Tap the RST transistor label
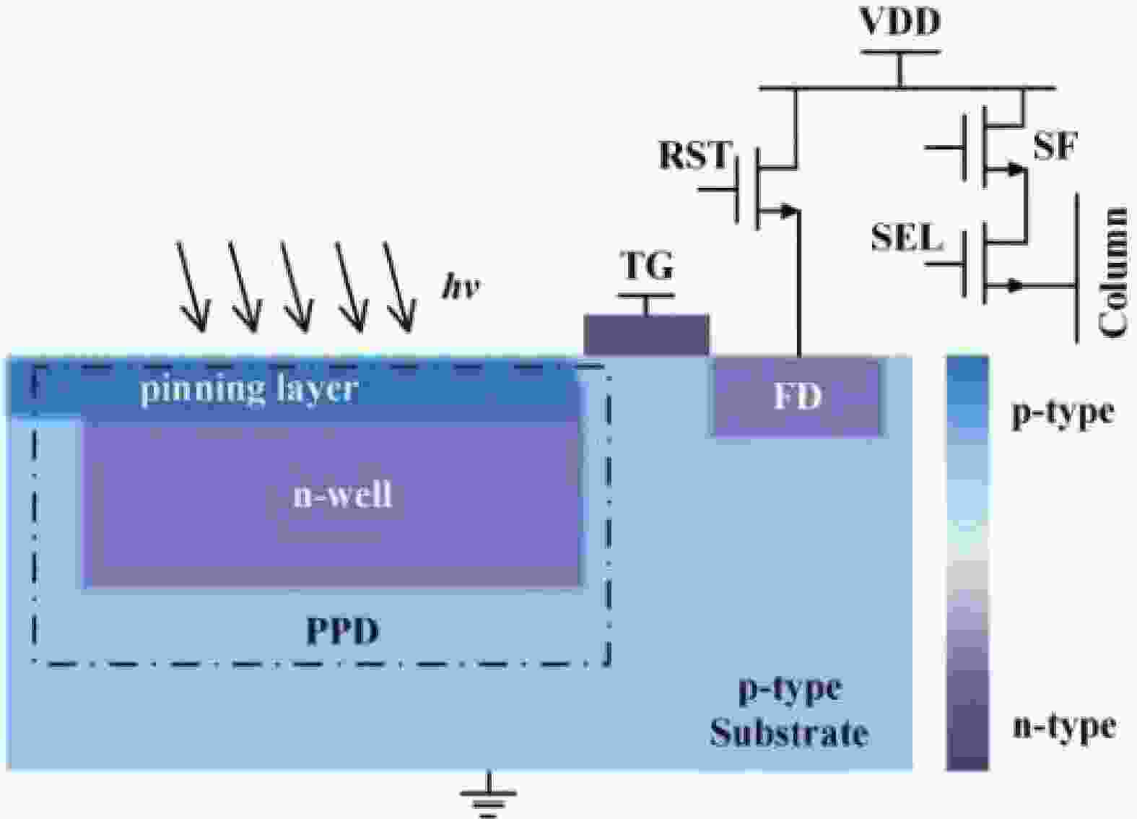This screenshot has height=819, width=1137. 694,155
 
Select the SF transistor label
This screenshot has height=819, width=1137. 1054,147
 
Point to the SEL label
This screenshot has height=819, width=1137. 907,237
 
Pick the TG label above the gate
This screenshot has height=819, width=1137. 648,266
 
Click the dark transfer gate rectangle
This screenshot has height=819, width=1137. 646,335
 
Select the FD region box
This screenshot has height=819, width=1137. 797,396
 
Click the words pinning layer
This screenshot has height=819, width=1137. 249,390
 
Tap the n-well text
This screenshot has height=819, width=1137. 342,495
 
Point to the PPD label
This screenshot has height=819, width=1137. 342,631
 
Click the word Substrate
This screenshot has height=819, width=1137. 788,733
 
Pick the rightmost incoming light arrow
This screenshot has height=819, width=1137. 399,287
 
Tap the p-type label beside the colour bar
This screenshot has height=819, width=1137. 1063,413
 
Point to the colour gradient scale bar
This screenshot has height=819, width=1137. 967,563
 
